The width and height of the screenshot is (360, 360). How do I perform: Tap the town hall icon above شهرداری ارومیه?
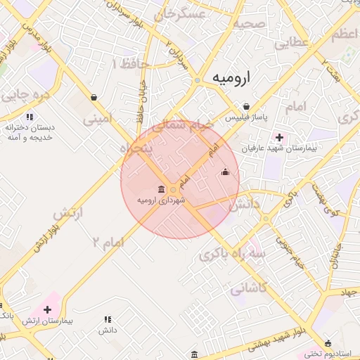(x=162, y=190)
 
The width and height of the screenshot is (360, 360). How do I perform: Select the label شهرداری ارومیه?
(x=162, y=201)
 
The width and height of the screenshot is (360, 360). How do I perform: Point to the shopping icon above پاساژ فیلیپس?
(x=245, y=106)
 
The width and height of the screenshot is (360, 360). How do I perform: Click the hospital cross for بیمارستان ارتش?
(x=48, y=309)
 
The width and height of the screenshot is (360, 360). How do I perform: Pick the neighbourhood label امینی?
(x=98, y=120)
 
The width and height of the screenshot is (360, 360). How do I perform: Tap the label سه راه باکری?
(x=233, y=254)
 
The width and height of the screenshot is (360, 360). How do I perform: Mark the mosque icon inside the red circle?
(x=226, y=172)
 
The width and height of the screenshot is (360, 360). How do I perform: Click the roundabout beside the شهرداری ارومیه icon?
(x=174, y=190)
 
